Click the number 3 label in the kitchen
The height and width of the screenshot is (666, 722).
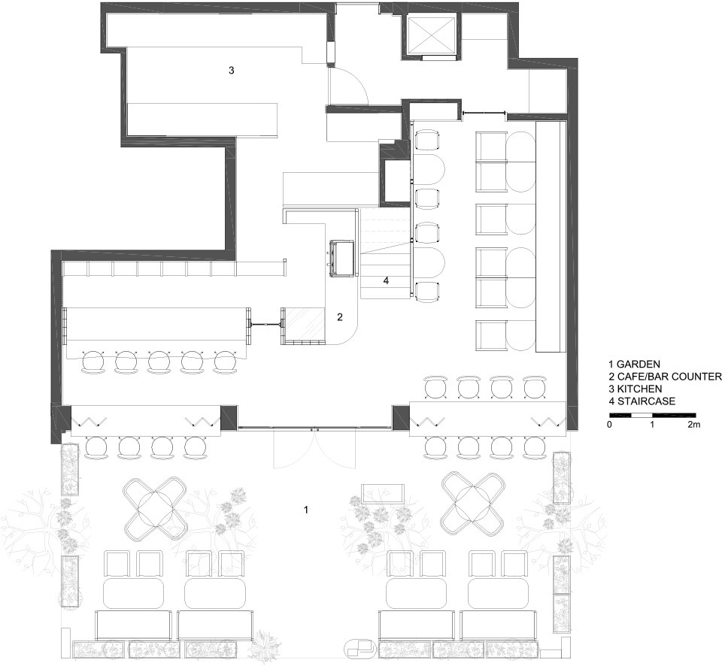pyautogui.click(x=231, y=71)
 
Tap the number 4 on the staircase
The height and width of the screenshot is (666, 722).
pyautogui.click(x=386, y=280)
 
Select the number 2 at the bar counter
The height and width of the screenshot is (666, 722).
pyautogui.click(x=340, y=317)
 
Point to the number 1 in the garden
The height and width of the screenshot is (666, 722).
pyautogui.click(x=306, y=510)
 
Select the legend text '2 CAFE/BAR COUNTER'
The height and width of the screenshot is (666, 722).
pyautogui.click(x=665, y=377)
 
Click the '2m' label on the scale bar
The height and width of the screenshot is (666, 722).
pyautogui.click(x=693, y=425)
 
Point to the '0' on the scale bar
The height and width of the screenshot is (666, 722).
pyautogui.click(x=610, y=425)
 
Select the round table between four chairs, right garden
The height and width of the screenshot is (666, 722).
pyautogui.click(x=472, y=503)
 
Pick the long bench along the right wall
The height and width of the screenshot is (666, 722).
pyautogui.click(x=551, y=237)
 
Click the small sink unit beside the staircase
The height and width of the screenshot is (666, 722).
pyautogui.click(x=343, y=259)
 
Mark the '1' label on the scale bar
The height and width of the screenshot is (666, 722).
pyautogui.click(x=652, y=425)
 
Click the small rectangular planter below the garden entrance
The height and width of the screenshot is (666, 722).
pyautogui.click(x=383, y=493)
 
